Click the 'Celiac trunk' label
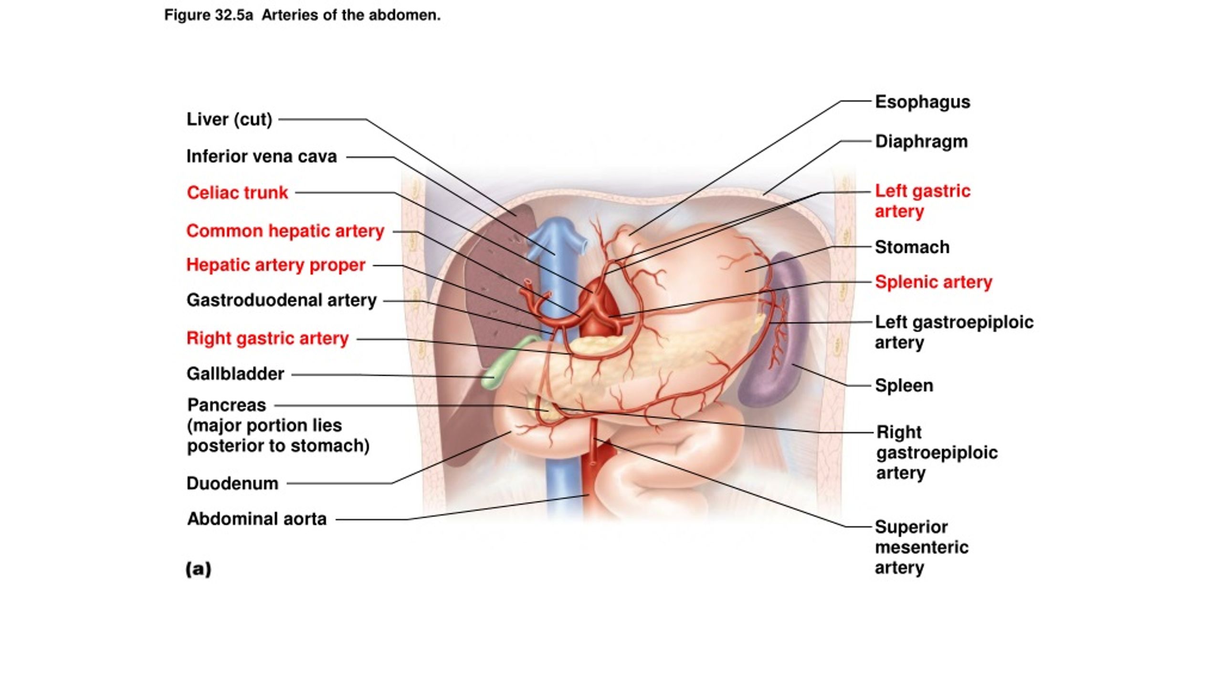(237, 193)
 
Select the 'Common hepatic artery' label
(285, 231)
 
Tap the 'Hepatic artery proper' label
(275, 265)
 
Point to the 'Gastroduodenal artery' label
(281, 300)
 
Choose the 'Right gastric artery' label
(267, 338)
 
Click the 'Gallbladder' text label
(235, 374)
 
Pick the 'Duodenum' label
(232, 483)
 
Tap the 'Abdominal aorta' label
(257, 519)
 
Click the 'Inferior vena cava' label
(261, 156)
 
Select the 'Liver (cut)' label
(229, 119)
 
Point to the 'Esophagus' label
(922, 102)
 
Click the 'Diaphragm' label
(921, 142)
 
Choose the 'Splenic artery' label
(933, 282)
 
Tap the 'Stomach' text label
(912, 247)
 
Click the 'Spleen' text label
(904, 385)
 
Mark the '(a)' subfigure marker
(198, 569)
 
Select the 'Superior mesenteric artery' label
(921, 547)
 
